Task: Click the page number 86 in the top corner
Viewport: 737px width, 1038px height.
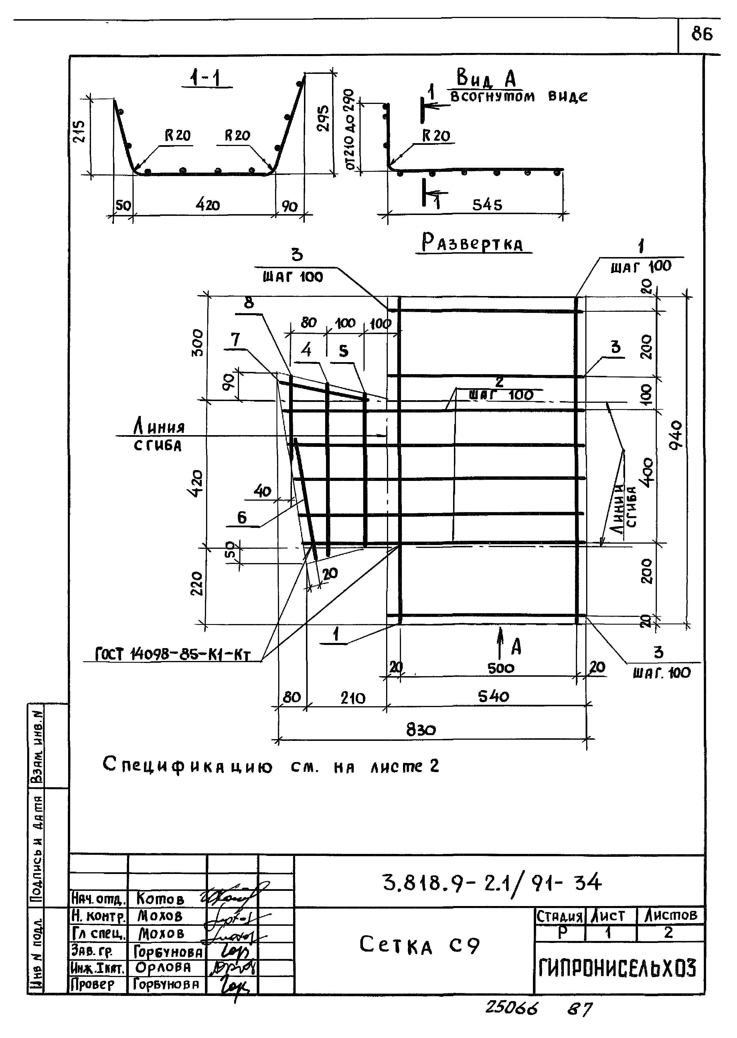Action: (702, 34)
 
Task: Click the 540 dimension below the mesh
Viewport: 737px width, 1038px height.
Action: (493, 696)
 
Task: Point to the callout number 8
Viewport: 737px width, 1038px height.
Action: (249, 303)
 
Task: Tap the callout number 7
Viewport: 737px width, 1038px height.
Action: (235, 340)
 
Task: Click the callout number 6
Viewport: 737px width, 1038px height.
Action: (242, 517)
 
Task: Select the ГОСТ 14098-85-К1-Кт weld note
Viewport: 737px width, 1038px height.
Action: (173, 654)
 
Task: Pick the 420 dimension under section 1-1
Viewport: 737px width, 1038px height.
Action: (208, 205)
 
